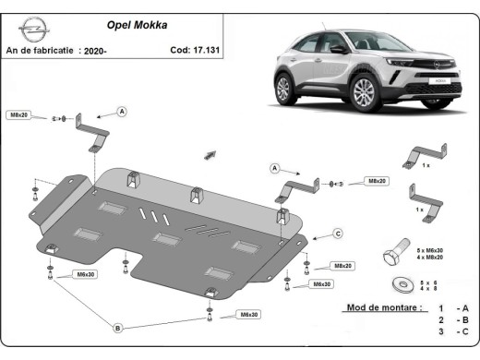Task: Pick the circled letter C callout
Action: [x=338, y=233]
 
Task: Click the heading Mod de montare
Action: [x=383, y=306]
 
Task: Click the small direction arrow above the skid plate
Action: [x=210, y=152]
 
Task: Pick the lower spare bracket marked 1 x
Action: [x=426, y=197]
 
